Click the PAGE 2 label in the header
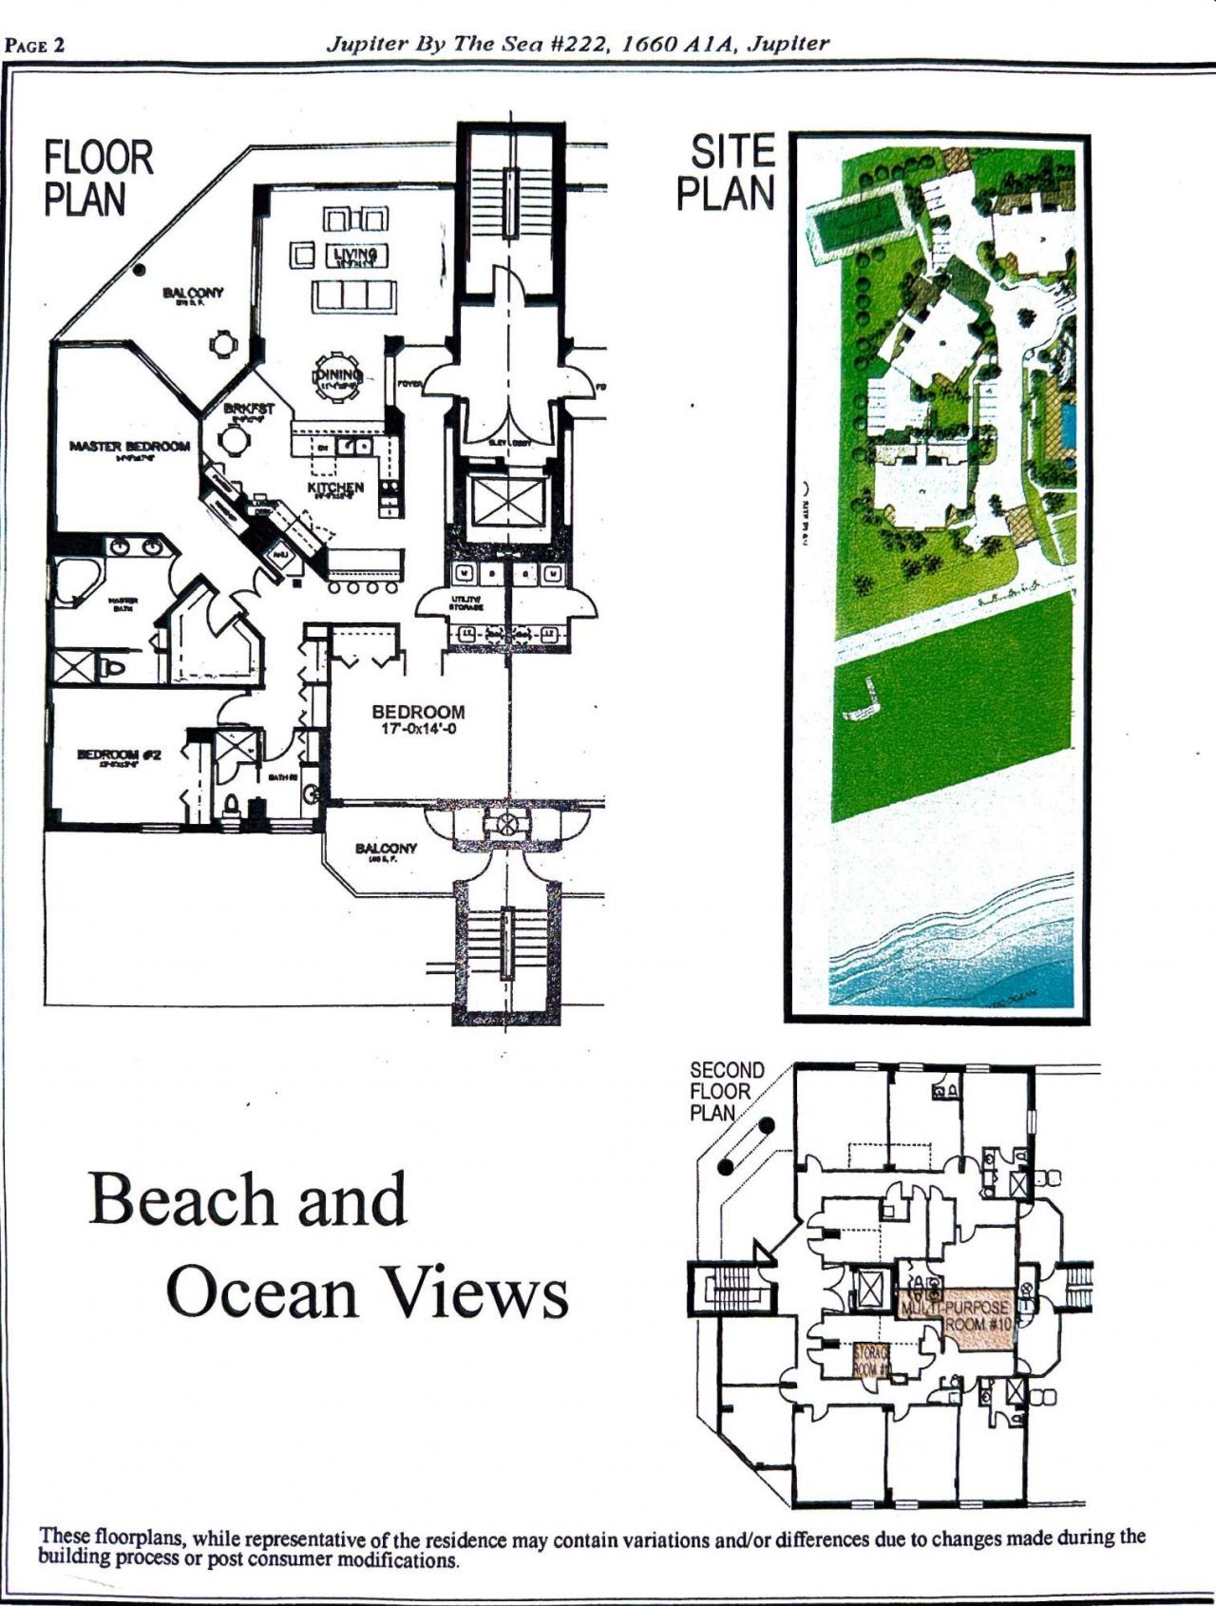(35, 46)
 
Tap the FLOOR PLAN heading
(98, 179)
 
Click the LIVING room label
(355, 255)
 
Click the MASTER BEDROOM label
(129, 447)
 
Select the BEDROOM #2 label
(119, 755)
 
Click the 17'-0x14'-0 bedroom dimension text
(418, 730)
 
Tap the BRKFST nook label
(249, 409)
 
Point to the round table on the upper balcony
(221, 343)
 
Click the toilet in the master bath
(112, 668)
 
